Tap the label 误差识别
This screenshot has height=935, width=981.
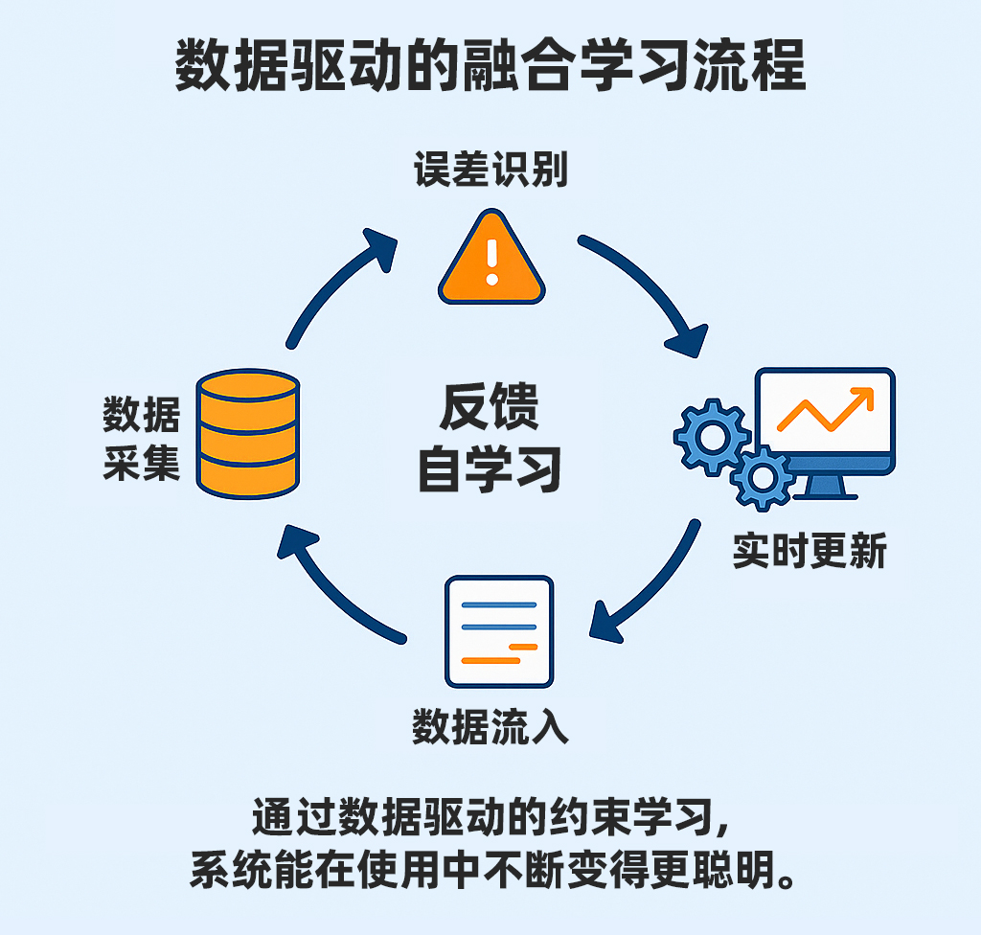tap(490, 171)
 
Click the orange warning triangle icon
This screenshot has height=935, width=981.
tap(491, 262)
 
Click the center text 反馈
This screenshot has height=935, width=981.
tap(490, 406)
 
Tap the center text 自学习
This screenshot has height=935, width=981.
tap(490, 468)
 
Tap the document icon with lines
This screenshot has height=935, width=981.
tap(499, 631)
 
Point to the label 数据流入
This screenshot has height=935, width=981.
tap(490, 727)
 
